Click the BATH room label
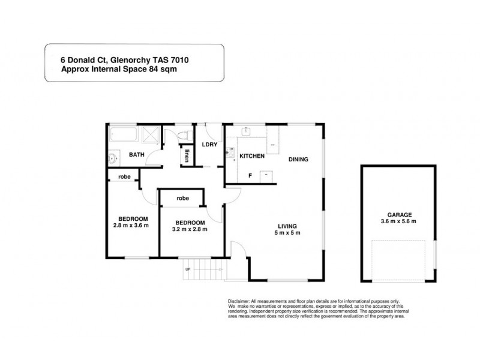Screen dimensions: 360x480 click(137, 155)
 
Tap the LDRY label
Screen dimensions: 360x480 click(209, 144)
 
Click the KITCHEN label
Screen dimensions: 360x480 click(252, 157)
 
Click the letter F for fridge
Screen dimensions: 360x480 click(250, 176)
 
